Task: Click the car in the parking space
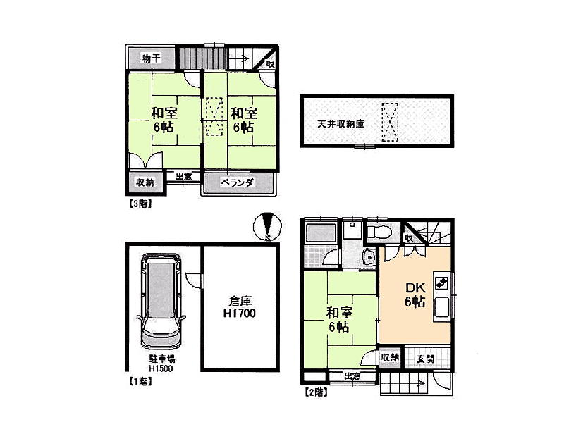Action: click(161, 302)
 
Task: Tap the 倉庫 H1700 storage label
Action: click(240, 307)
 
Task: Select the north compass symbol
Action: click(267, 227)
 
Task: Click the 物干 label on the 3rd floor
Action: click(152, 58)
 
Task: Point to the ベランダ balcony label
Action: click(238, 182)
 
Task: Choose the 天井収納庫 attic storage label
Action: click(341, 125)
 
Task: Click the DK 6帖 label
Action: click(415, 294)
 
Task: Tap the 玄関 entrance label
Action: click(426, 359)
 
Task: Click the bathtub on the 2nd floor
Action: click(321, 233)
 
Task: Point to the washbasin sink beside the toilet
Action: click(369, 258)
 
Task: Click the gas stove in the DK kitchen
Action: click(441, 283)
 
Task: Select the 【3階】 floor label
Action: click(140, 204)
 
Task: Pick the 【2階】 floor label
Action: click(316, 392)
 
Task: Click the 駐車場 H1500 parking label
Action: click(162, 364)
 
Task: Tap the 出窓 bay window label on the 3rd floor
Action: click(183, 177)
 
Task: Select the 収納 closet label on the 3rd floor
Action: click(145, 182)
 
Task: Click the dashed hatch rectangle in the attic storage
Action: click(390, 122)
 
